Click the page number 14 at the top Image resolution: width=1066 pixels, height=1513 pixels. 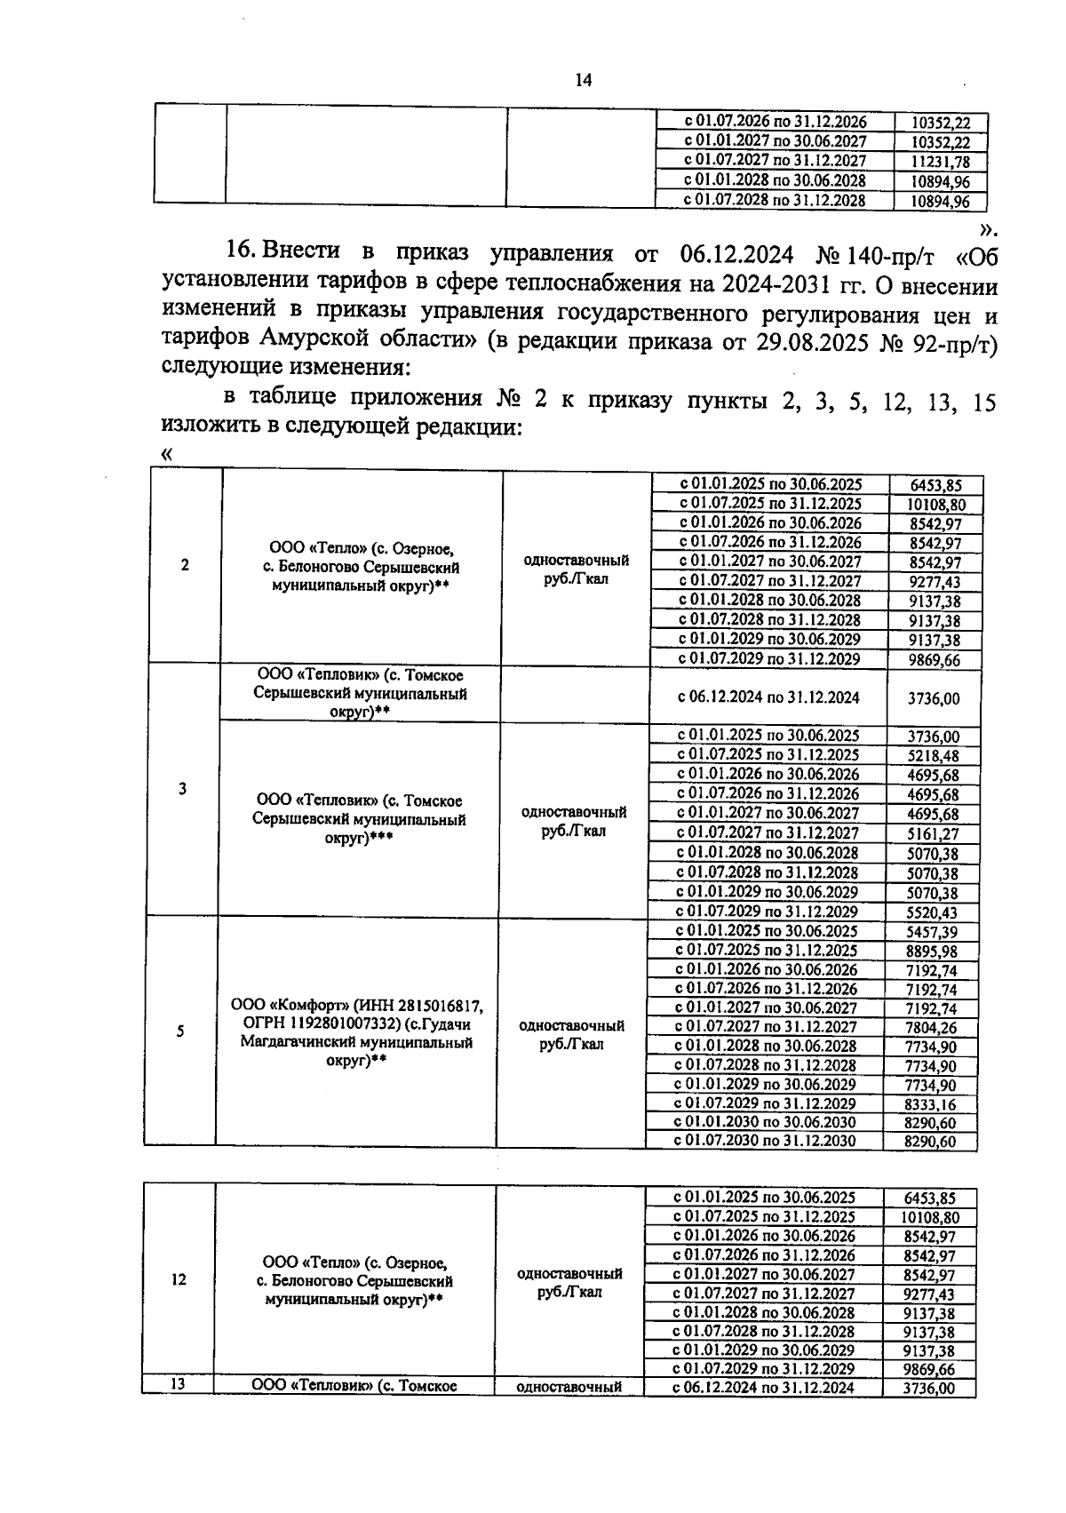584,80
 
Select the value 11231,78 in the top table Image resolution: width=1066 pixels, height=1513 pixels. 940,162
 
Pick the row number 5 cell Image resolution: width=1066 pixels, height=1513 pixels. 180,1031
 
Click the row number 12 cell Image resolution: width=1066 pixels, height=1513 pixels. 179,1280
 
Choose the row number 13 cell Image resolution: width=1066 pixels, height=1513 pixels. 178,1384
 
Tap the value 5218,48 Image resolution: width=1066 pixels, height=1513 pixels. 933,756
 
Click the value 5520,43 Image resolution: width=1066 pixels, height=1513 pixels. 932,912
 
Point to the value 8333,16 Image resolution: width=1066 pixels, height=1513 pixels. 930,1104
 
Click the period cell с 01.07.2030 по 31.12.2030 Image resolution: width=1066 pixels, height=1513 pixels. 764,1141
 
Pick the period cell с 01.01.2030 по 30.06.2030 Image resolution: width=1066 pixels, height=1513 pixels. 764,1122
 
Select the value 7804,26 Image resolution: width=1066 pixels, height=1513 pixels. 930,1028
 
